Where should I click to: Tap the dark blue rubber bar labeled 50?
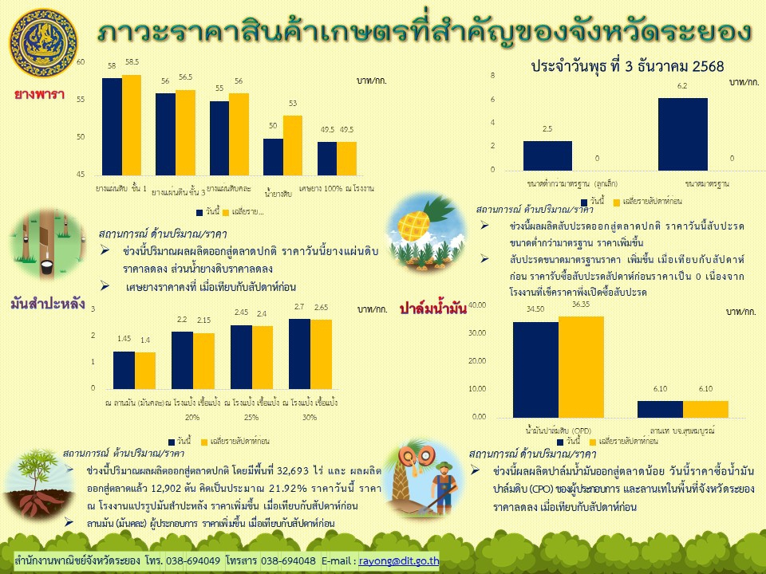[x=273, y=156]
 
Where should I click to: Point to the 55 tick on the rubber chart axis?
[x=80, y=100]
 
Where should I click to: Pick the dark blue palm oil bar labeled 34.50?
[x=535, y=370]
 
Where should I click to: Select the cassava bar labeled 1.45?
[x=124, y=370]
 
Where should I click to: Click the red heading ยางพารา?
[x=40, y=95]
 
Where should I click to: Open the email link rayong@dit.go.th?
[x=399, y=560]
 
